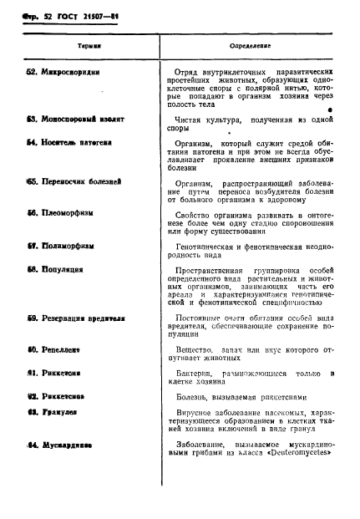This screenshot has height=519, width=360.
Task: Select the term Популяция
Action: point(55,271)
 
